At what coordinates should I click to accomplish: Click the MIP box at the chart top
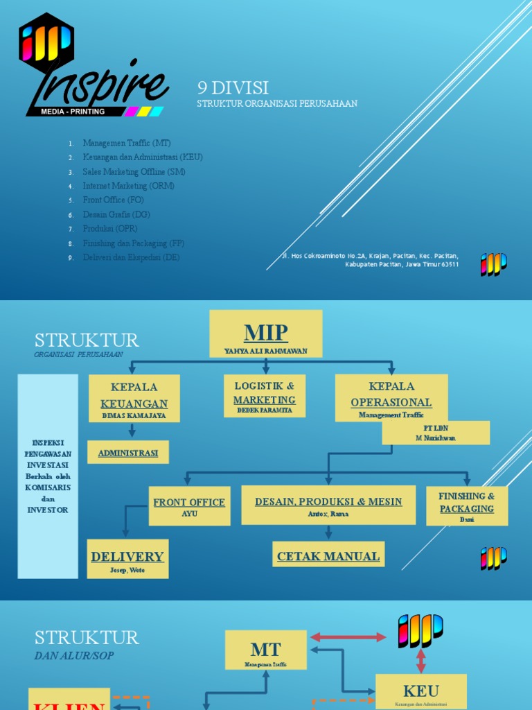[266, 334]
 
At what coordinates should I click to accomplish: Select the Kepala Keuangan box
[134, 398]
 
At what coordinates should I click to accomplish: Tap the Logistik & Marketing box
[265, 395]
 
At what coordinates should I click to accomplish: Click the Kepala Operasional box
[391, 397]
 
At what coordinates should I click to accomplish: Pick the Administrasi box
[128, 453]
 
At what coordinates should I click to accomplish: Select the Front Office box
[189, 505]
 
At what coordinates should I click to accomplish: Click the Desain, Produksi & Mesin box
[328, 505]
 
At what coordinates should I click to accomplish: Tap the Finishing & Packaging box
[467, 505]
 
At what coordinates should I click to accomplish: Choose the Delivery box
[127, 559]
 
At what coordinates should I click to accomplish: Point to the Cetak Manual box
[328, 555]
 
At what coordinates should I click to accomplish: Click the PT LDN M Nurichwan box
[436, 433]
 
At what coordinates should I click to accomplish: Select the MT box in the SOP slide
[266, 650]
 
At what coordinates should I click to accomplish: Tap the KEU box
[421, 691]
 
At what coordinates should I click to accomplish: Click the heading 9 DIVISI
[233, 87]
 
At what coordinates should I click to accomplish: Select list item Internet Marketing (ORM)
[128, 186]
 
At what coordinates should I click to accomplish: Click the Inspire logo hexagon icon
[46, 39]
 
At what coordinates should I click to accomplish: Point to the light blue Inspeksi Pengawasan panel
[48, 476]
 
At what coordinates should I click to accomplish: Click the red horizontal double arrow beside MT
[348, 637]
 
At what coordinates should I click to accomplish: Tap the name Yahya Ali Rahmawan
[266, 350]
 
